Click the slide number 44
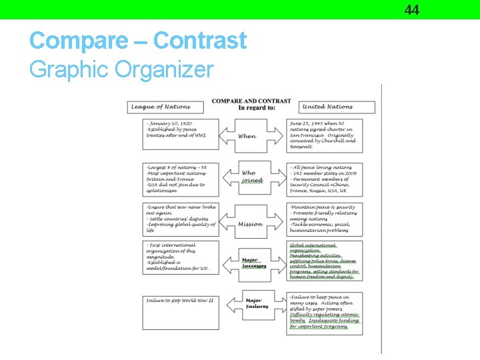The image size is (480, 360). (x=411, y=9)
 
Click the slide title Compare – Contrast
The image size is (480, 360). (x=138, y=41)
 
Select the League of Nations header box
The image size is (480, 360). (x=167, y=107)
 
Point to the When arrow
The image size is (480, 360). (x=247, y=135)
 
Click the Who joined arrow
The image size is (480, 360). (x=251, y=177)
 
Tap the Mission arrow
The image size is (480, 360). (x=250, y=224)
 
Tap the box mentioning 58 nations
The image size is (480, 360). (x=181, y=179)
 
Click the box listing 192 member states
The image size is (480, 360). (x=325, y=179)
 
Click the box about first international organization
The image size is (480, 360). (x=181, y=259)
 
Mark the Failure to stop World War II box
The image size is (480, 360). (x=181, y=311)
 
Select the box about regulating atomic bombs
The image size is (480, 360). (x=325, y=311)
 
